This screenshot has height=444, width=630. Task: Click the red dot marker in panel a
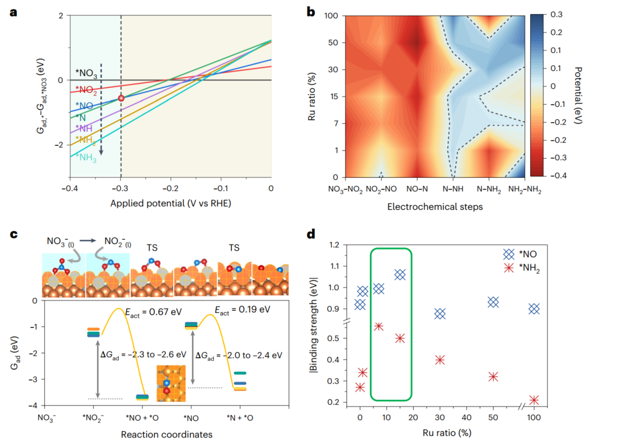(x=121, y=98)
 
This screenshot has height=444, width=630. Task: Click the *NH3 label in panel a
(x=85, y=157)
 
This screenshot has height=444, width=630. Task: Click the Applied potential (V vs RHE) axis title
(x=169, y=204)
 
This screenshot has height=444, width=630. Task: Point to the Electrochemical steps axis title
(x=435, y=207)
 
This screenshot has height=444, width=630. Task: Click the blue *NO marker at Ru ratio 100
(x=533, y=309)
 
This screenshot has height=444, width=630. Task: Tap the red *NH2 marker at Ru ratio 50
(x=493, y=377)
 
